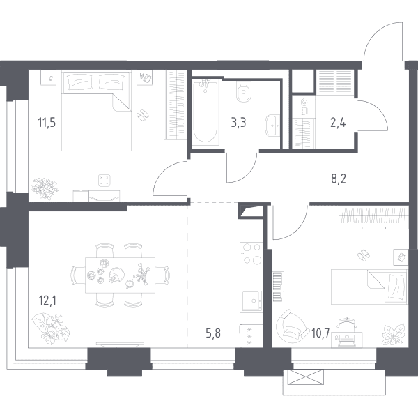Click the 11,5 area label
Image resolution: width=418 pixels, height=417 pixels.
pos(47,123)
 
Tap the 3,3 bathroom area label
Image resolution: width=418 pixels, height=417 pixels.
pos(238,123)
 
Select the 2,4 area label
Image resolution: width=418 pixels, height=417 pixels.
pos(338,123)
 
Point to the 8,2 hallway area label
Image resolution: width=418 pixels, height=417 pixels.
pos(339,179)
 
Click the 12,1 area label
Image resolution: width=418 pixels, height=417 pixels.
pos(47,301)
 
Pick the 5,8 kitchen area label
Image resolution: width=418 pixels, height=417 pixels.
pos(213,333)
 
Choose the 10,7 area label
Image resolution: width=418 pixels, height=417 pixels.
pos(320,333)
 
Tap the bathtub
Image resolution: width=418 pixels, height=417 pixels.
pos(205,112)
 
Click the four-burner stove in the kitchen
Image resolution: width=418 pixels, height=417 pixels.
pos(251,253)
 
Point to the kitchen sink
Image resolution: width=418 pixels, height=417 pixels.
pos(251,301)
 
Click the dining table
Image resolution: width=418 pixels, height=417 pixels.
pos(120,275)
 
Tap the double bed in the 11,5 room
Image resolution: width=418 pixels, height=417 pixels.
pos(97,110)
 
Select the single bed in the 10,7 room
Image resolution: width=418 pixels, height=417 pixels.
pos(369,287)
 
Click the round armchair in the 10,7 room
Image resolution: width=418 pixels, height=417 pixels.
pos(291,326)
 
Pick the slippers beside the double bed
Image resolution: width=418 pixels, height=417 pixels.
pos(143,114)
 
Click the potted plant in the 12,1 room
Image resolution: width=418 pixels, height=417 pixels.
pos(51,328)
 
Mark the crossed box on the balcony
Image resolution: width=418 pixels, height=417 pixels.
pos(306,377)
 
